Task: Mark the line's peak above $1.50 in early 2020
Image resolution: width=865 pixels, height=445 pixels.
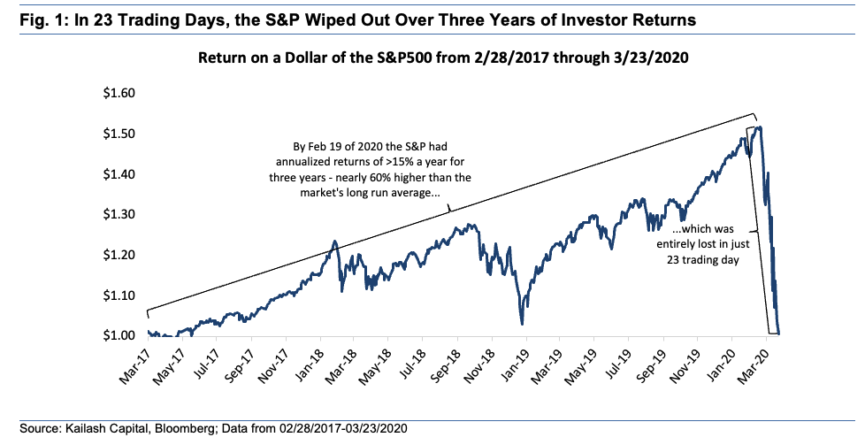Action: [759, 128]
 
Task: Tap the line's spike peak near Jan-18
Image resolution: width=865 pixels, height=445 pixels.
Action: [335, 242]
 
